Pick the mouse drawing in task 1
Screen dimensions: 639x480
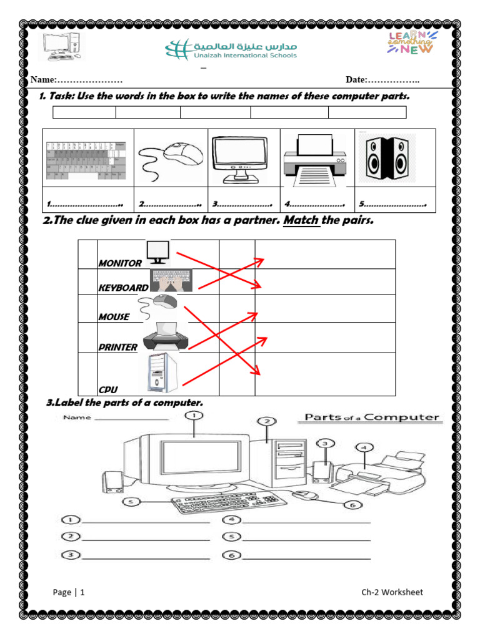pyautogui.click(x=170, y=158)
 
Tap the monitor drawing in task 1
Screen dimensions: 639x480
pyautogui.click(x=240, y=158)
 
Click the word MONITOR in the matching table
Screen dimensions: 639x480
pyautogui.click(x=120, y=263)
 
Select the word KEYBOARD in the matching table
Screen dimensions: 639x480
pyautogui.click(x=123, y=288)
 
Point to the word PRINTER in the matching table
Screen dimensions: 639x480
pyautogui.click(x=117, y=347)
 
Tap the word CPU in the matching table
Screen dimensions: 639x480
pyautogui.click(x=107, y=390)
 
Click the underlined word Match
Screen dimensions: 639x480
pyautogui.click(x=301, y=221)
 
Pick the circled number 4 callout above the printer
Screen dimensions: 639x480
pyautogui.click(x=364, y=447)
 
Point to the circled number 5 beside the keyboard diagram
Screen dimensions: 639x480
pyautogui.click(x=131, y=501)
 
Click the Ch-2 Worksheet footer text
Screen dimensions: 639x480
pyautogui.click(x=392, y=592)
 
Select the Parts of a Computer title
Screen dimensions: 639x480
pyautogui.click(x=372, y=417)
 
